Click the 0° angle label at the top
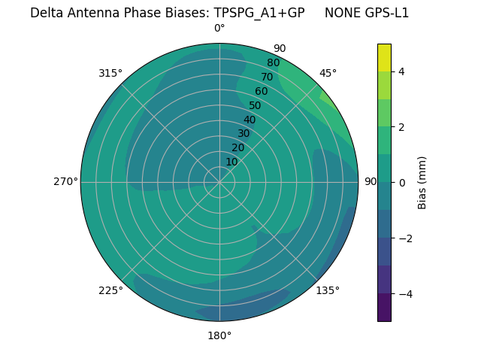point(219,29)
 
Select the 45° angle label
point(328,73)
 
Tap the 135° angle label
point(328,290)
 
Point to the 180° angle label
point(219,335)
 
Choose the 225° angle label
point(110,290)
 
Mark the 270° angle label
point(65,181)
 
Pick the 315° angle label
point(110,73)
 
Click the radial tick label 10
point(231,162)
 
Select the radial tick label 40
point(249,120)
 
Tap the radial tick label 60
point(261,92)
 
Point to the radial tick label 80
point(273,63)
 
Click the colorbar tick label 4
point(402,71)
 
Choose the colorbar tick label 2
point(402,127)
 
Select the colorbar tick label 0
point(402,183)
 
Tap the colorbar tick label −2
point(405,238)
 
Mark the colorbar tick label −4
point(405,294)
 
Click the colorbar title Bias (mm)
point(422,183)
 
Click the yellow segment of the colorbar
point(384,58)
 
